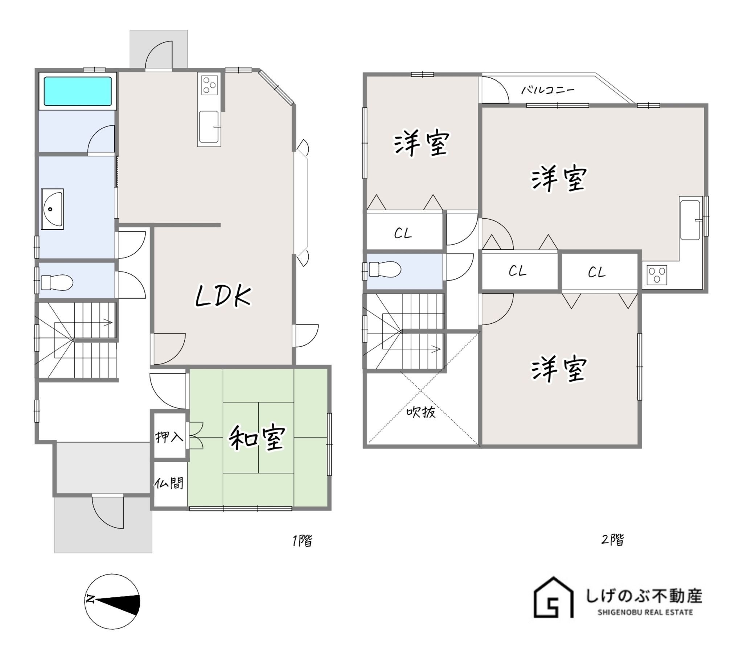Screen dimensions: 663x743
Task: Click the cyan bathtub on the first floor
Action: (x=78, y=91)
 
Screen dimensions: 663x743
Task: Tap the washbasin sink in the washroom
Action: (x=53, y=209)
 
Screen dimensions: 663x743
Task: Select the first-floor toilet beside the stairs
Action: (x=57, y=282)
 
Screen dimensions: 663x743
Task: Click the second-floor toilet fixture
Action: (x=385, y=270)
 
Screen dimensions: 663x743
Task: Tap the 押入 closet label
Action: (x=169, y=436)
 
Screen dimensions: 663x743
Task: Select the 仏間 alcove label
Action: (x=169, y=483)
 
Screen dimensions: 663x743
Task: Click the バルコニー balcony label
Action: (x=547, y=90)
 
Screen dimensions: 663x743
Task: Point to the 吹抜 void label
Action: (x=421, y=412)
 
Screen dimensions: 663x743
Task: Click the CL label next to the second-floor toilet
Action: (x=403, y=233)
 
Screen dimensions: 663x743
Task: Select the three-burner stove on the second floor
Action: (x=657, y=275)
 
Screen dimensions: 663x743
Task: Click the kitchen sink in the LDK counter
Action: (x=209, y=127)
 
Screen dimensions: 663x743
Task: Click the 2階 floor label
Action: (x=612, y=539)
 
